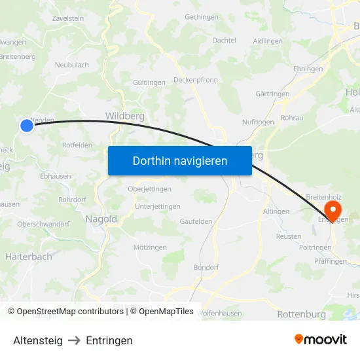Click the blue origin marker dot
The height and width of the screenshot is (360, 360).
point(26,125)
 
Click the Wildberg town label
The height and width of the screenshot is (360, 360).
point(124,116)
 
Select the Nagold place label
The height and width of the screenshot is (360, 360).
point(101,219)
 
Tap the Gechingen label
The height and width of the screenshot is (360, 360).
point(202,17)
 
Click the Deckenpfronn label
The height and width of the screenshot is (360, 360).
point(196,80)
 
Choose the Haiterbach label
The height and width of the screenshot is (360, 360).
point(28,257)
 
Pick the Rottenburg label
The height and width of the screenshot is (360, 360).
point(301,314)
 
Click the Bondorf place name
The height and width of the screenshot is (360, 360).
point(206,267)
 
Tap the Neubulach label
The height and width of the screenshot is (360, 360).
point(72,65)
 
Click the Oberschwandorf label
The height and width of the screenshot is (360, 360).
point(43,224)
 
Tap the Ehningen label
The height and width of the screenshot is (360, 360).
point(308,69)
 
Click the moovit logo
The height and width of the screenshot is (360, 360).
point(320,340)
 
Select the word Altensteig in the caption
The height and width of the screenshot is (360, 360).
point(38,340)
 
